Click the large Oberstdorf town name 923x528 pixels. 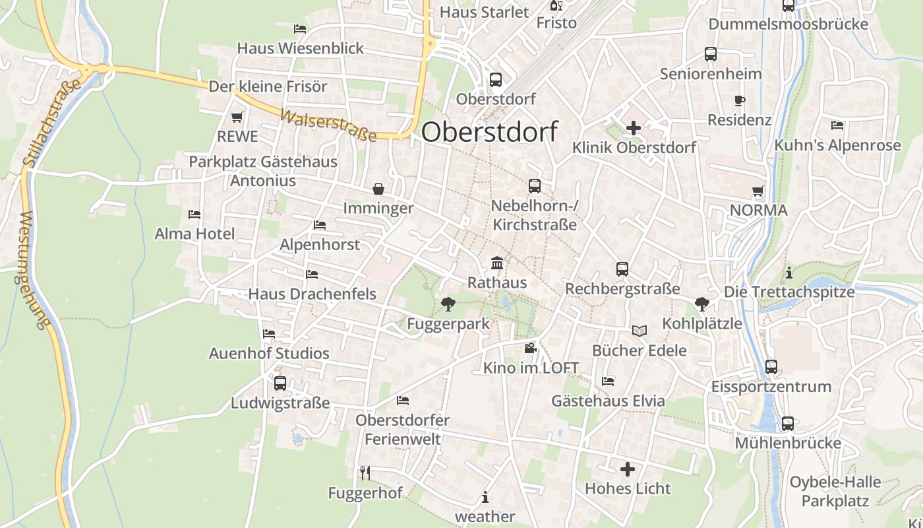pos(489,132)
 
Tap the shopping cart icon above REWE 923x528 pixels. pos(237,117)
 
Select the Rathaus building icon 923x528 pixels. pos(497,263)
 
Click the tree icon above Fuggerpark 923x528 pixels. pos(448,304)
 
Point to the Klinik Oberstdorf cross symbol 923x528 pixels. pos(634,127)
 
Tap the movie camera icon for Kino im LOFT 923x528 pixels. pos(531,348)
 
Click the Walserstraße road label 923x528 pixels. pos(328,125)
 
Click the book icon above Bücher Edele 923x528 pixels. pos(639,331)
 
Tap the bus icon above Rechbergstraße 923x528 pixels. pos(622,269)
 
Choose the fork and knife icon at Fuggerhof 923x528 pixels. pos(365,473)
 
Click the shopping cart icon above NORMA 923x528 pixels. pos(758,191)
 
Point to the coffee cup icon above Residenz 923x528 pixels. pos(739,101)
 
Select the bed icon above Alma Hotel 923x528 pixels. pos(194,214)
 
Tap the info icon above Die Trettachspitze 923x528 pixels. pos(789,272)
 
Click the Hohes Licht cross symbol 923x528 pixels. pos(628,469)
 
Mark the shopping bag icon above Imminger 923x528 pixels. pos(378,189)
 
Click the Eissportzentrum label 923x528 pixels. pos(771,387)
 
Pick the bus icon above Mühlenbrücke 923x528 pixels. pos(788,424)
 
